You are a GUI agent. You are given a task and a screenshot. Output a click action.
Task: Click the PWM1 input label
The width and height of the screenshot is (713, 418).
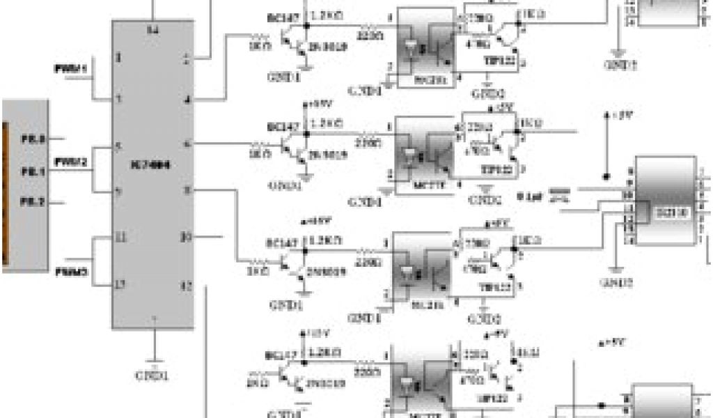tap(70, 69)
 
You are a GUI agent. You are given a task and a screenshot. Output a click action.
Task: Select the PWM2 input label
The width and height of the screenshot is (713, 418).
tap(71, 162)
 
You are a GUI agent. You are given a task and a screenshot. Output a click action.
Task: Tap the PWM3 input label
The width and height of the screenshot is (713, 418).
tap(71, 271)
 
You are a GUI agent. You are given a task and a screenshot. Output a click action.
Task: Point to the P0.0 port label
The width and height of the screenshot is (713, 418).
tap(32, 140)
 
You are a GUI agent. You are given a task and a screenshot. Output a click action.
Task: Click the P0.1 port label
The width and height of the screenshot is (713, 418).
tap(32, 170)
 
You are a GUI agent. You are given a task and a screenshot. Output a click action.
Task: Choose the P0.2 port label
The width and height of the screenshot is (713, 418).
tap(32, 201)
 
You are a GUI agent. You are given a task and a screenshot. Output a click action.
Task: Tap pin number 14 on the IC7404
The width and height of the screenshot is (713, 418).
tap(153, 29)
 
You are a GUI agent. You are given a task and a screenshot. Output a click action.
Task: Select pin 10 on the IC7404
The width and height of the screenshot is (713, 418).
tap(185, 237)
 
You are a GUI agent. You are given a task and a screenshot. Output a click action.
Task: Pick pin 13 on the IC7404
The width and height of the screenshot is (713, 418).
tap(120, 284)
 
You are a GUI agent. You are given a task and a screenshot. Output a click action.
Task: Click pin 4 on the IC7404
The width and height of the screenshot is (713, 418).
tap(187, 100)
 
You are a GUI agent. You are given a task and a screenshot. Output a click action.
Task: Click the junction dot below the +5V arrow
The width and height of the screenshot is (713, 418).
tap(606, 175)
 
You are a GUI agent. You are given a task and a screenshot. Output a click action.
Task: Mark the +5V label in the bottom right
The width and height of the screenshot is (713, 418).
tap(611, 342)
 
